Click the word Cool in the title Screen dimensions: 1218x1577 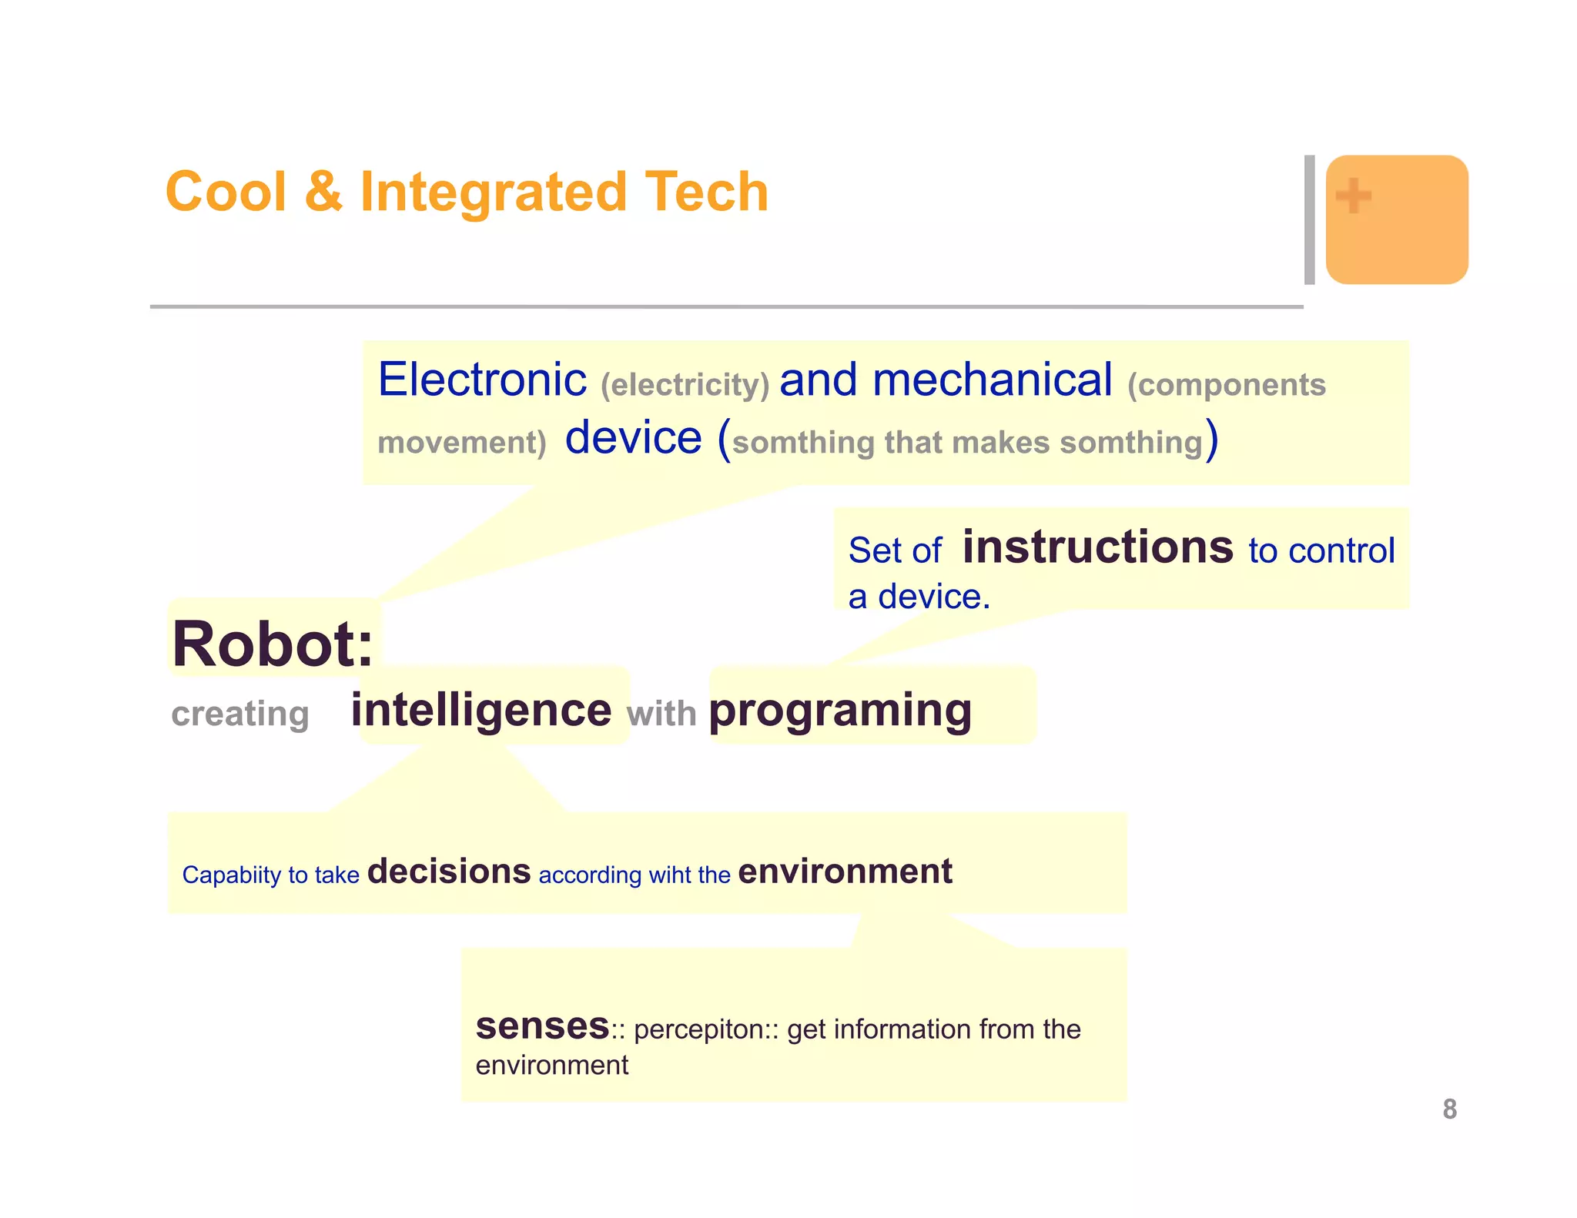tap(226, 192)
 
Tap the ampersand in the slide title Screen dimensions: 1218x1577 tap(323, 192)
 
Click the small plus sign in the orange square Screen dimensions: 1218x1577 tap(1353, 196)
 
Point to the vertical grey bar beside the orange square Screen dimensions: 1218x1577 tap(1309, 219)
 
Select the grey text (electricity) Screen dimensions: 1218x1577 tap(685, 384)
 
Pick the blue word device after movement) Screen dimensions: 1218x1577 tap(633, 438)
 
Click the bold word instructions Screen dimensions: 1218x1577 tap(1097, 547)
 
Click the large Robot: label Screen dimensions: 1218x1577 tap(273, 644)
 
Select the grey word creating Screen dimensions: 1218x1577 tap(240, 714)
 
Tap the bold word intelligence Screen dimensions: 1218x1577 tap(481, 709)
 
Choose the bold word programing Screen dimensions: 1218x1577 tap(840, 711)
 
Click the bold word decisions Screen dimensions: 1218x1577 tap(449, 872)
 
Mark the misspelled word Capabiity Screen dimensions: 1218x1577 tap(231, 875)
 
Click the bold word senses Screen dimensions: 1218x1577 tap(542, 1026)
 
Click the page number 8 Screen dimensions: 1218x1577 tap(1449, 1109)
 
